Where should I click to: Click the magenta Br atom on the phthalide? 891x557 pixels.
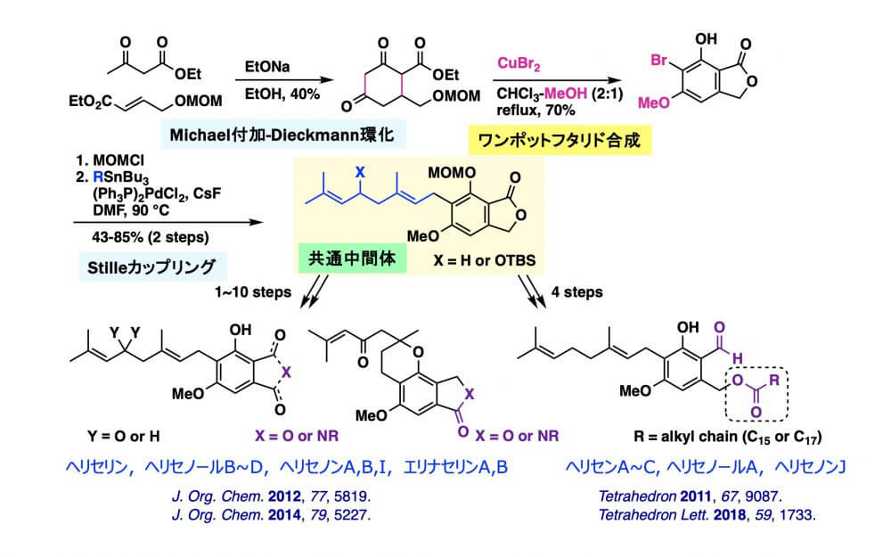point(660,63)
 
